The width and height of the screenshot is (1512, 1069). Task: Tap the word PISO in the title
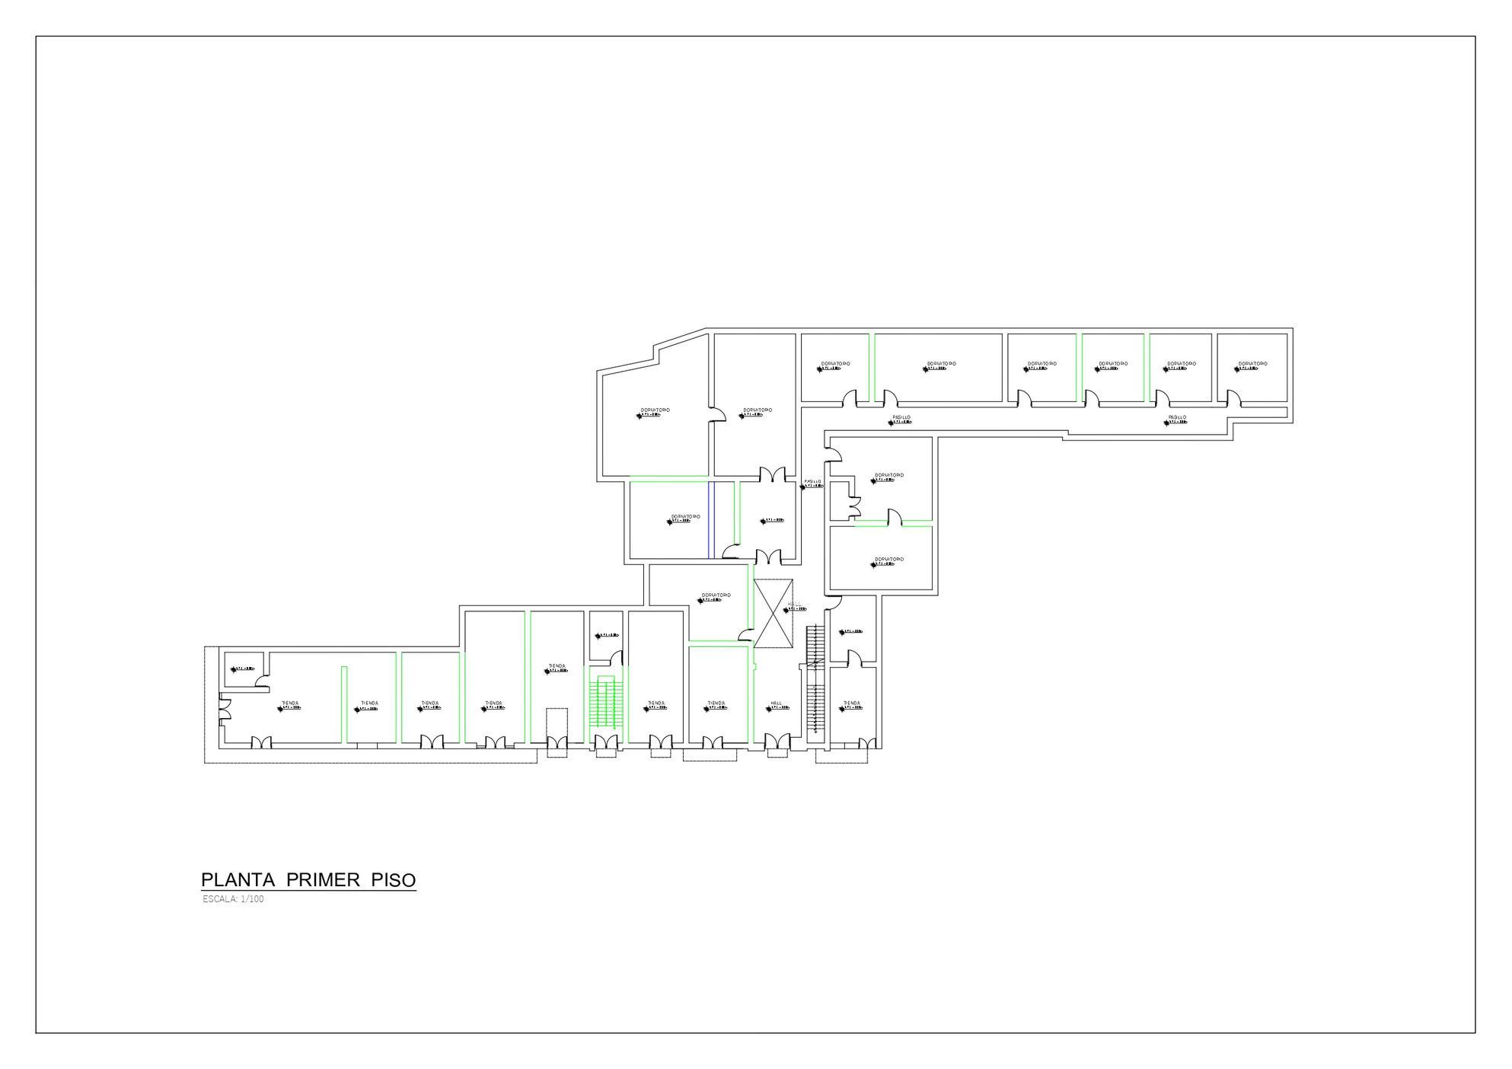394,880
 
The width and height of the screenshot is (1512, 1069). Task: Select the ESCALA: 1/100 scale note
233,899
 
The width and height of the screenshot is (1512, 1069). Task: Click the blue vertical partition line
710,519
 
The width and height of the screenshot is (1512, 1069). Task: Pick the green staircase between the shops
606,702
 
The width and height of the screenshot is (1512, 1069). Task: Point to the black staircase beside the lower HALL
815,678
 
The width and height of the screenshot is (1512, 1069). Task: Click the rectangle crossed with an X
773,614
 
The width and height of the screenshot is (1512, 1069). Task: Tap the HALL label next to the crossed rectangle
795,603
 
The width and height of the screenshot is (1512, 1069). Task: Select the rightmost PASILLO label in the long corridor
1177,418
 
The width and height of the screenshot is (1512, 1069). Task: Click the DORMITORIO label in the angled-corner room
655,410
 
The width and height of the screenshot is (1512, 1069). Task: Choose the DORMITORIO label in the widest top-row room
941,364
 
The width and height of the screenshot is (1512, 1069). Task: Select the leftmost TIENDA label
289,703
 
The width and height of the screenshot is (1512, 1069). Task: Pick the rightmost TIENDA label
851,703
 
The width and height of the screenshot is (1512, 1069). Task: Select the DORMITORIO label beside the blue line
685,516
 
